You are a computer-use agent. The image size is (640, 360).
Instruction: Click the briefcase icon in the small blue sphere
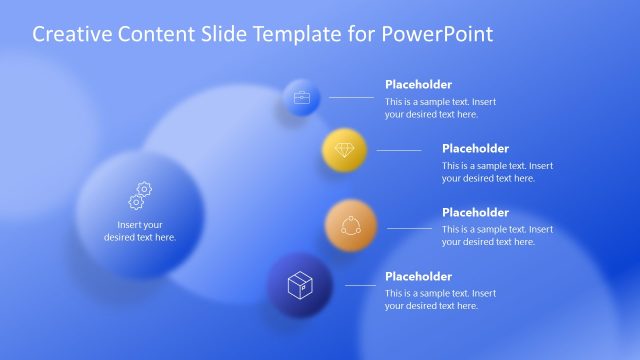pyautogui.click(x=301, y=98)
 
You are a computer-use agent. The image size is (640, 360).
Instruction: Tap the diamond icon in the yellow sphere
pyautogui.click(x=344, y=150)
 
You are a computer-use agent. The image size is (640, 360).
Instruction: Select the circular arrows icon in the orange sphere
pyautogui.click(x=350, y=224)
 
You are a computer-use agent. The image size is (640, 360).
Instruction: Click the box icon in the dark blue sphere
pyautogui.click(x=300, y=287)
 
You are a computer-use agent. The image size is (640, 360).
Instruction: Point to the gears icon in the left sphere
pyautogui.click(x=140, y=195)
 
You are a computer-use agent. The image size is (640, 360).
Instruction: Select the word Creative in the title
pyautogui.click(x=70, y=34)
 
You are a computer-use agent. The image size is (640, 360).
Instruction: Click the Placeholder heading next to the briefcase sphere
pyautogui.click(x=418, y=85)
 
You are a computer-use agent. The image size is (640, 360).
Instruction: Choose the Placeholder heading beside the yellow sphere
pyautogui.click(x=475, y=149)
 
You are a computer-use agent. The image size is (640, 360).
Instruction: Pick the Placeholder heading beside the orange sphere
pyautogui.click(x=475, y=213)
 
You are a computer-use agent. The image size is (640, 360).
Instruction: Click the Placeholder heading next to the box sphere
pyautogui.click(x=418, y=277)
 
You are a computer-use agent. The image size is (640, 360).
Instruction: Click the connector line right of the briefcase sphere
pyautogui.click(x=351, y=97)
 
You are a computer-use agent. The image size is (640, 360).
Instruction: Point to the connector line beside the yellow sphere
pyautogui.click(x=399, y=150)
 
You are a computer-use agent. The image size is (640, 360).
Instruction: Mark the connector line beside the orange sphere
pyautogui.click(x=405, y=225)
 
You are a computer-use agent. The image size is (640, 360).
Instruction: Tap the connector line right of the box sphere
pyautogui.click(x=360, y=286)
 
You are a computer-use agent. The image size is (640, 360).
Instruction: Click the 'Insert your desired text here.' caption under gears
pyautogui.click(x=140, y=231)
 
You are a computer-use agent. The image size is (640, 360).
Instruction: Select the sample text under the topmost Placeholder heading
pyautogui.click(x=440, y=108)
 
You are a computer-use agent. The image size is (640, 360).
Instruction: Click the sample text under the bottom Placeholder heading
pyautogui.click(x=440, y=300)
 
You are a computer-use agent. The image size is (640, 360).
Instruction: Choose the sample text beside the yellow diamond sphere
pyautogui.click(x=497, y=172)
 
